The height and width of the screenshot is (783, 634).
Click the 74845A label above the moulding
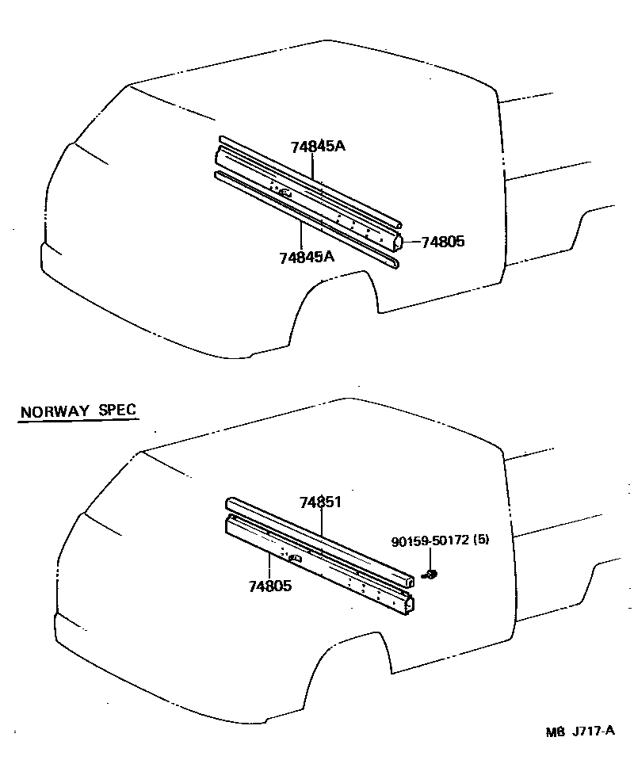pos(318,147)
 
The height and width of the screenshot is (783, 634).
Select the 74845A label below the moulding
pos(307,257)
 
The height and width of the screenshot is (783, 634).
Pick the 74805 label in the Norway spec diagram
pos(270,586)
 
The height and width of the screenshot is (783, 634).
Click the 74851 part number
pos(320,502)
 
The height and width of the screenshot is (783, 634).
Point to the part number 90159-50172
pos(430,540)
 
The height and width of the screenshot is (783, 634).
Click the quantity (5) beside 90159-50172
pos(480,540)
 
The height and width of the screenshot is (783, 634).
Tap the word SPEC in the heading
pos(117,411)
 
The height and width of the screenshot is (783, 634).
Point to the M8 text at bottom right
pos(554,731)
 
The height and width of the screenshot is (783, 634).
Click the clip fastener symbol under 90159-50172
pos(432,573)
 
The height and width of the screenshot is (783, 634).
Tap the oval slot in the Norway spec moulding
pos(296,559)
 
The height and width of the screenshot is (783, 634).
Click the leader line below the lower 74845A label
pos(301,236)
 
